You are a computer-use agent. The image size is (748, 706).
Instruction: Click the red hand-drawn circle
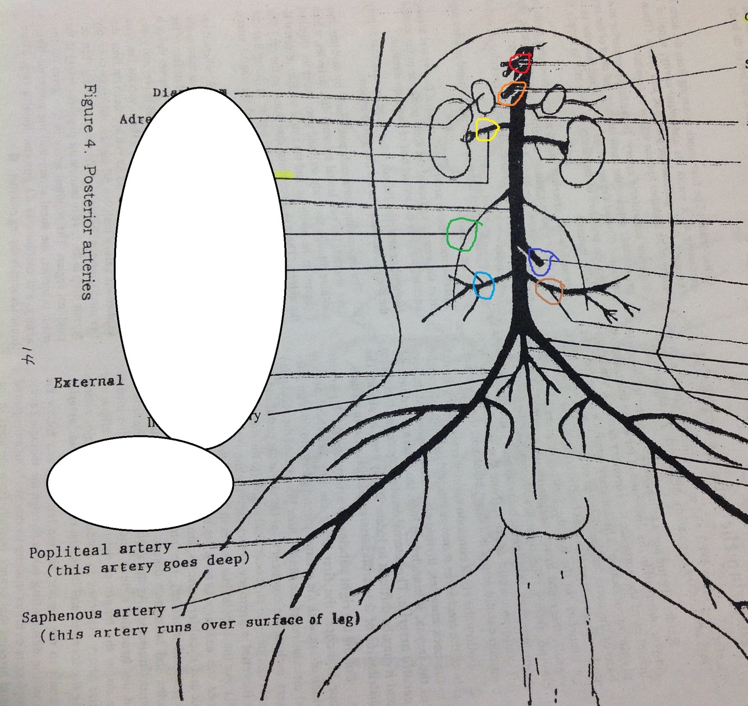(520, 63)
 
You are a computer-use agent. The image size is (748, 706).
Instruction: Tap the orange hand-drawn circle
(511, 94)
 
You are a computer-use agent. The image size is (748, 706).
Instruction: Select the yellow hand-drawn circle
(486, 130)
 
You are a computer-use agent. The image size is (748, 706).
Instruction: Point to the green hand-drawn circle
(462, 234)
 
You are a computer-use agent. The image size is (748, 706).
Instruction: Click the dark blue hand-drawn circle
(541, 261)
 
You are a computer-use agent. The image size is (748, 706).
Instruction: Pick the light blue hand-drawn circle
(483, 285)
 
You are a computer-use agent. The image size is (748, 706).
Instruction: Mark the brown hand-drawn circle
(550, 291)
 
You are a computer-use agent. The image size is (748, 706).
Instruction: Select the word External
(89, 382)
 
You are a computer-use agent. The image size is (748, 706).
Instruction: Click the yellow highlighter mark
(285, 175)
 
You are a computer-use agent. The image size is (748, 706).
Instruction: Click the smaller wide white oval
(140, 482)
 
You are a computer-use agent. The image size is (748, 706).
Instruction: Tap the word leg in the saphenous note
(345, 619)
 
